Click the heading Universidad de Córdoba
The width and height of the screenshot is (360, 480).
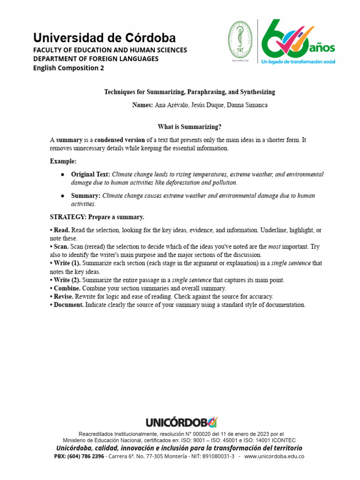[104, 37]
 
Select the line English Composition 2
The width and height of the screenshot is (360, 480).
[68, 67]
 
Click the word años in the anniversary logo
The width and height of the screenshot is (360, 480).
[322, 48]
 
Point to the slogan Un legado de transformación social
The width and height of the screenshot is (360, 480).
[298, 61]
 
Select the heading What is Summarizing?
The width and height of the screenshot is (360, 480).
[189, 127]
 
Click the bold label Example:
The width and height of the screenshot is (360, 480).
[63, 161]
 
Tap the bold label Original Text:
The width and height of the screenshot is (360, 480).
[90, 174]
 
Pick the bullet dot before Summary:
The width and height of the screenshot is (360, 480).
[62, 196]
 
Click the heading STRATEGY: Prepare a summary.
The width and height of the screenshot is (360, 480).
[97, 217]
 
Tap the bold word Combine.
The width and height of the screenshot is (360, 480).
[67, 288]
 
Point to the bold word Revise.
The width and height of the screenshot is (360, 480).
[64, 297]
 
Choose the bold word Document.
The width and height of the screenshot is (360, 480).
[69, 305]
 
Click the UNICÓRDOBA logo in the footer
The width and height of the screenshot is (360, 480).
[181, 422]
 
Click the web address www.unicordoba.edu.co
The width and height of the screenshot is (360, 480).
[274, 456]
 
